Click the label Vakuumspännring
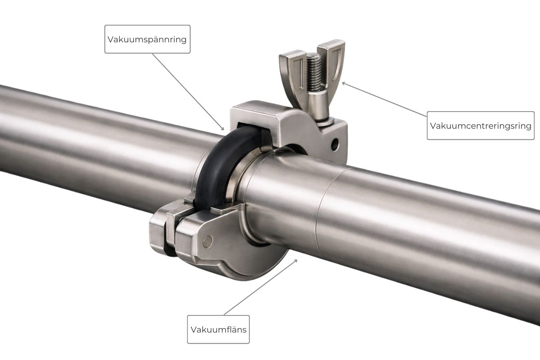pyautogui.click(x=147, y=39)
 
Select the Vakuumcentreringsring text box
pyautogui.click(x=481, y=126)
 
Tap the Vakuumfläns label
pyautogui.click(x=218, y=329)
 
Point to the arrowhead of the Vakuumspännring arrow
pyautogui.click(x=223, y=130)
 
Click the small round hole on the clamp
pyautogui.click(x=334, y=145)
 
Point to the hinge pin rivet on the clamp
pyautogui.click(x=207, y=242)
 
